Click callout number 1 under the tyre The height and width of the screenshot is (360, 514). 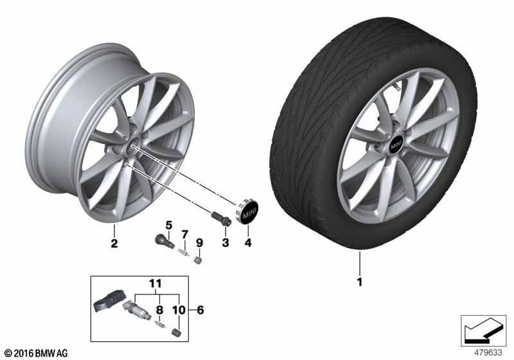point(360,282)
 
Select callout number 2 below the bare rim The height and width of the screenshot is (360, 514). point(114,244)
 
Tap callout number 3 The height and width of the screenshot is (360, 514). point(226,243)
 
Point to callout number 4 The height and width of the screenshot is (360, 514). point(248,243)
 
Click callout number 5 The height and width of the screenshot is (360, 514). point(169,226)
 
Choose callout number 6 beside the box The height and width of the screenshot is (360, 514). point(200,310)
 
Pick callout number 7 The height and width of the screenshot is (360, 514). point(185,235)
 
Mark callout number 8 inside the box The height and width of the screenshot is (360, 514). point(159,310)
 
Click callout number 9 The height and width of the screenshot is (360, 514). point(199,243)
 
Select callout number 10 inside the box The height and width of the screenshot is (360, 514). point(179,310)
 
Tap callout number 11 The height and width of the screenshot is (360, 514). point(155,283)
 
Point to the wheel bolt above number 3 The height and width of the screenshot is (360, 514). point(221,219)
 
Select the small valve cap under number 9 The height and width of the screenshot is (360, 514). point(198,260)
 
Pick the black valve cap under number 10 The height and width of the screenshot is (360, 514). point(176,332)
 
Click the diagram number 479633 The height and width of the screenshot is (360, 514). point(488,353)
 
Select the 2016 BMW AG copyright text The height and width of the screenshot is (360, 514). point(37,354)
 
